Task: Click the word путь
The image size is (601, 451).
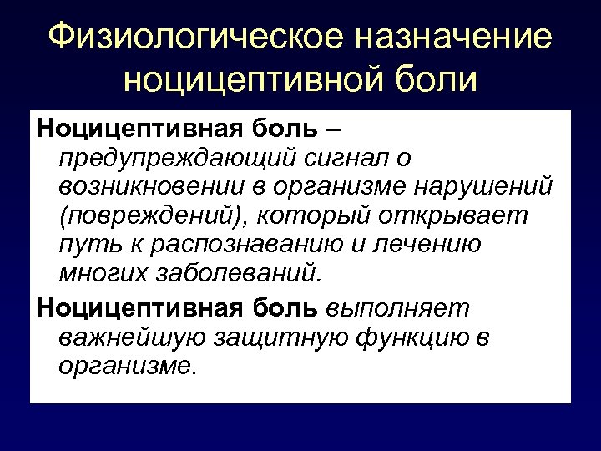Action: point(83,244)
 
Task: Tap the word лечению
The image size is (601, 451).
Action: point(432,244)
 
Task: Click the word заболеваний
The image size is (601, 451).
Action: point(241,272)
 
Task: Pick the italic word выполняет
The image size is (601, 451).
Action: point(396,309)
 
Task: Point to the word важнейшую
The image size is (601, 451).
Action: point(128,337)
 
